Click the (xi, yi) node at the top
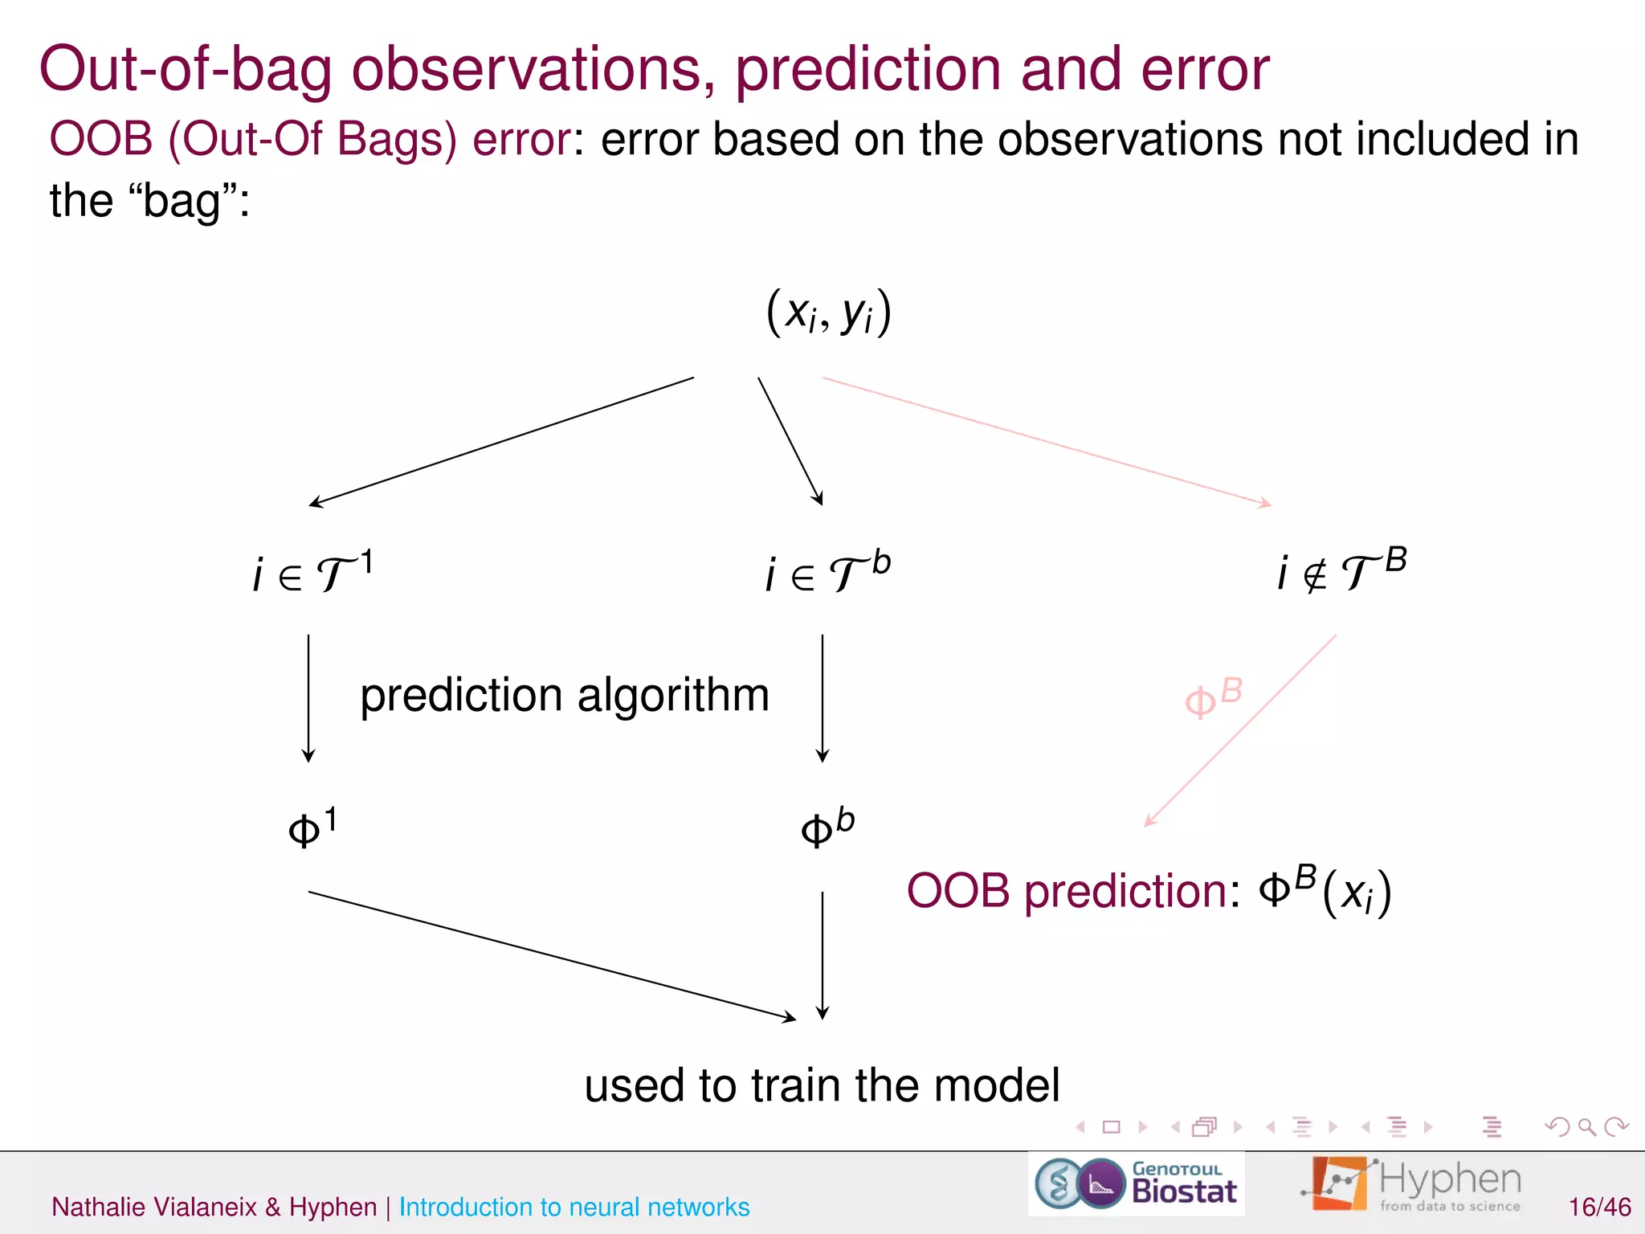[829, 313]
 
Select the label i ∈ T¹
[312, 573]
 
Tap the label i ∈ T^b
[827, 573]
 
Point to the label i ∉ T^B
[1341, 571]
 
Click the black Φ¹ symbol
[312, 828]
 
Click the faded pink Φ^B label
[1213, 698]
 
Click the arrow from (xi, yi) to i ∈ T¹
[502, 441]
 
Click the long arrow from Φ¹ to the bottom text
[552, 956]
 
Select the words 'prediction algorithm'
[565, 695]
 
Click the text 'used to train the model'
[821, 1085]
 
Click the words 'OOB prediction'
[1065, 891]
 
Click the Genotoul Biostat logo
[1136, 1184]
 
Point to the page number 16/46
[1599, 1207]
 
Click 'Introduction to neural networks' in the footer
[574, 1207]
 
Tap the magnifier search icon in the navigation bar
[1586, 1127]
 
